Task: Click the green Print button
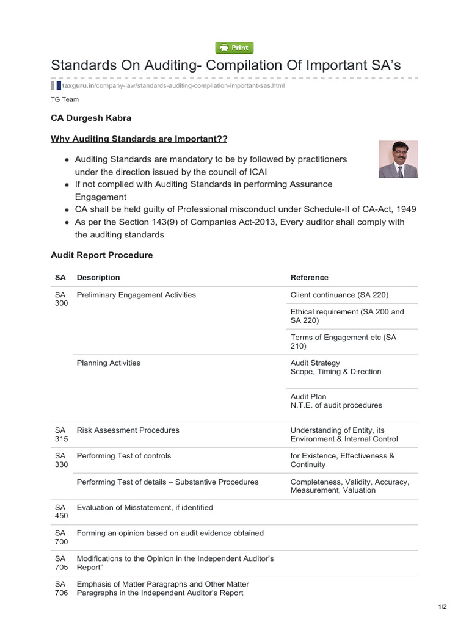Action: (x=234, y=48)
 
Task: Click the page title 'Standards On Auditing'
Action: (x=225, y=65)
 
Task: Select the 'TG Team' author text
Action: (x=65, y=99)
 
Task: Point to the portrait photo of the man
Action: (x=398, y=159)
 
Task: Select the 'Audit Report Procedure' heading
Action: (x=102, y=255)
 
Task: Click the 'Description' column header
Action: (x=98, y=278)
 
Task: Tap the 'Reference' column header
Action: (x=310, y=278)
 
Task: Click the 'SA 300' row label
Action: (x=60, y=299)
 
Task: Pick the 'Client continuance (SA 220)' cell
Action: (x=340, y=295)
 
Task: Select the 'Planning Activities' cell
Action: (x=109, y=363)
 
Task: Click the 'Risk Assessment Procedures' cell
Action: (x=128, y=430)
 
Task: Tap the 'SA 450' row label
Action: (x=60, y=511)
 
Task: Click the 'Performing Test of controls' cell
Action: (x=124, y=456)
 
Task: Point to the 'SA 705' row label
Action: (x=60, y=563)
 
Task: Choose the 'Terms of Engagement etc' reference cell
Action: (x=343, y=342)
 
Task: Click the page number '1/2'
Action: (x=443, y=607)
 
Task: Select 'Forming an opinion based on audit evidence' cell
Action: (x=170, y=533)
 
